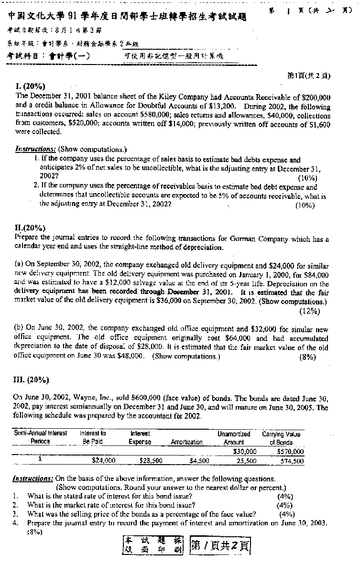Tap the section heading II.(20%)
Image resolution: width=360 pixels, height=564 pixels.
pos(31,228)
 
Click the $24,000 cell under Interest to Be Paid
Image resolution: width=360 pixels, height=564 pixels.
pos(103,461)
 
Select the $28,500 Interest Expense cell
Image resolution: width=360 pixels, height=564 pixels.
pos(151,461)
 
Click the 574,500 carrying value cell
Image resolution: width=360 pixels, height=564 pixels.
pos(292,461)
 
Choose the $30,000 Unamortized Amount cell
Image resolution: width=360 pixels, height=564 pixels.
pos(245,452)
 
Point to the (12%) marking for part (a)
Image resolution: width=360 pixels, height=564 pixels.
pos(309,312)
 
